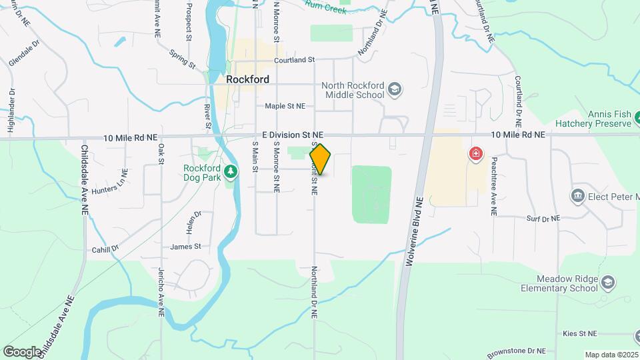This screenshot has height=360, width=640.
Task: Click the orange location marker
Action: tap(320, 159)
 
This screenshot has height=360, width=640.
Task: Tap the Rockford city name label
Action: tap(247, 79)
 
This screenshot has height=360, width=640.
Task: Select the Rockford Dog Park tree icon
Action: tap(231, 172)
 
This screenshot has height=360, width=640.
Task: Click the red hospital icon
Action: tap(475, 155)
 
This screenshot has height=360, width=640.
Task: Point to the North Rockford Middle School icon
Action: tap(395, 90)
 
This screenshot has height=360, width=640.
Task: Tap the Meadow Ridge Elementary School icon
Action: tap(607, 283)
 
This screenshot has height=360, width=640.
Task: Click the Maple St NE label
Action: tap(285, 105)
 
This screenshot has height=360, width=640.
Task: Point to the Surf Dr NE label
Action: tap(543, 218)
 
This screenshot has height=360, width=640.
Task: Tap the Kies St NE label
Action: tap(579, 333)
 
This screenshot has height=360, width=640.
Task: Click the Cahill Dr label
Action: tap(105, 248)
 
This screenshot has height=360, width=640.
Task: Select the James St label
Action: tap(186, 246)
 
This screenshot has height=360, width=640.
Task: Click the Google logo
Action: tap(23, 351)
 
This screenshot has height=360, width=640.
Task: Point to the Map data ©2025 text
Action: tap(611, 355)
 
